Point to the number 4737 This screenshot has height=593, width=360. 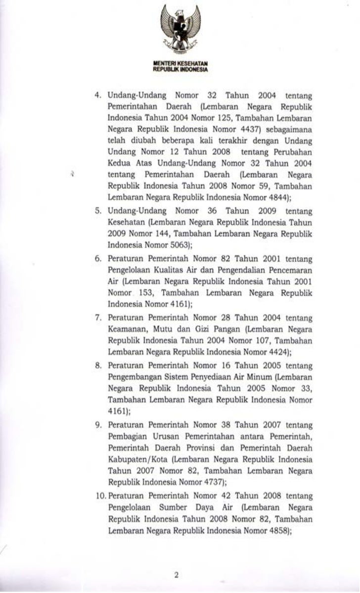(x=221, y=469)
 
